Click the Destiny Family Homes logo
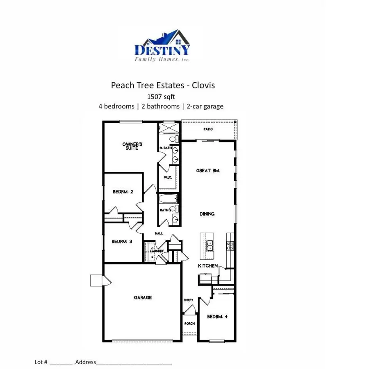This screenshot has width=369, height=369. point(162,46)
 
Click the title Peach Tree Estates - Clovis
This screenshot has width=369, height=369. point(163,85)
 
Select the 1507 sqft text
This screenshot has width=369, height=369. point(161,97)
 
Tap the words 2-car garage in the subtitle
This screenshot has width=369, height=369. point(205,106)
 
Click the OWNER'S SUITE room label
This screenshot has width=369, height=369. point(132,146)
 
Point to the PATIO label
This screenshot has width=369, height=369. point(208,129)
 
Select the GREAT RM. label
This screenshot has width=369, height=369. point(208,171)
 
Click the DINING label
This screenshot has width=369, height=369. point(207,214)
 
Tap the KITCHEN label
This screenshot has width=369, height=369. point(208,266)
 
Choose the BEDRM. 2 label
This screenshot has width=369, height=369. point(123,191)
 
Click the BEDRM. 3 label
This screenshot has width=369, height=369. point(122,241)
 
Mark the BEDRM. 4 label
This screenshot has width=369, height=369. point(217,317)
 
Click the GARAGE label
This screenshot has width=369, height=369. point(143,297)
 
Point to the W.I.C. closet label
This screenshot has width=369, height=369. point(167,178)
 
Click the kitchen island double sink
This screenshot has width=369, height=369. point(210,245)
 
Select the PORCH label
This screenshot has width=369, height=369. point(189,324)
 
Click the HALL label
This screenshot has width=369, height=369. point(159,234)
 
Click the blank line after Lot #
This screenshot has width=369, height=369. point(61,363)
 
